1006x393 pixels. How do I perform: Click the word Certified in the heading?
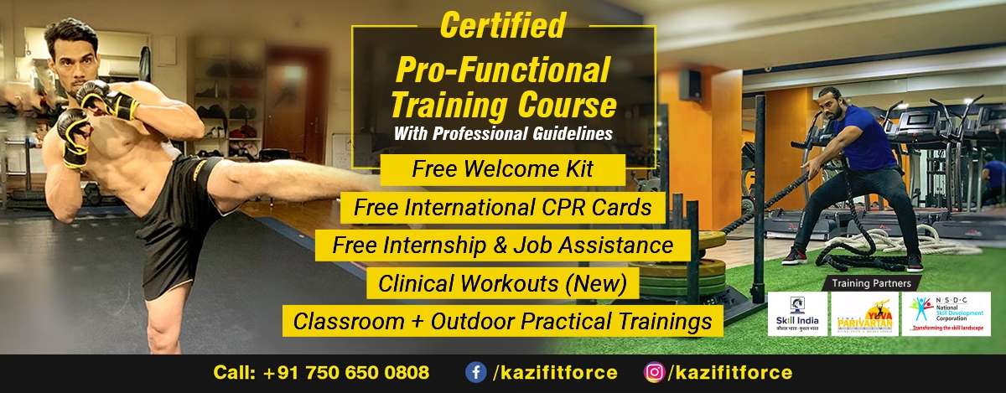[x=502, y=25]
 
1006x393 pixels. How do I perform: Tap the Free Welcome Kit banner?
[x=502, y=169]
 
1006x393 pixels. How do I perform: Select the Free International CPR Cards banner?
[x=502, y=207]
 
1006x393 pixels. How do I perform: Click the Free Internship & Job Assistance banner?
[x=502, y=246]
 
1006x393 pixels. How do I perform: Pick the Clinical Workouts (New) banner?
[x=502, y=283]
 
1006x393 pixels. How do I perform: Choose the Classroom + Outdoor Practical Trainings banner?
[x=502, y=321]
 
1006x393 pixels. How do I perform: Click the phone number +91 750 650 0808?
[x=346, y=372]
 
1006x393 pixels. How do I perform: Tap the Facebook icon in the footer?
[x=475, y=372]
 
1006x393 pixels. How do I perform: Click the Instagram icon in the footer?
[x=654, y=372]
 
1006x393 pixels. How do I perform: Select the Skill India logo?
[x=791, y=314]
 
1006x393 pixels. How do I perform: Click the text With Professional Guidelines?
[x=502, y=133]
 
